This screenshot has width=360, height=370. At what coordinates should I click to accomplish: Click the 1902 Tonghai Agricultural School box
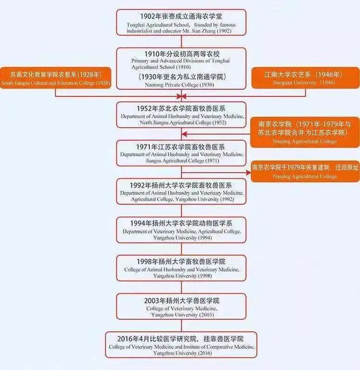coord(181,22)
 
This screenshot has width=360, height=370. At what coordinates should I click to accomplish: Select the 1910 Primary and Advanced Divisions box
coord(181,68)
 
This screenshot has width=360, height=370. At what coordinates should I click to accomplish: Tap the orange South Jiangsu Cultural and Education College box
coord(56,78)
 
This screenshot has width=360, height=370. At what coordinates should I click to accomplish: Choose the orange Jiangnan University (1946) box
coord(305,78)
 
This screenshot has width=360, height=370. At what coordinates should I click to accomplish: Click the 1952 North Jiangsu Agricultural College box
coord(181,114)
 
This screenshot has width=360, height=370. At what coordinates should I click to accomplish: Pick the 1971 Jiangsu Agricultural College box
coord(181,153)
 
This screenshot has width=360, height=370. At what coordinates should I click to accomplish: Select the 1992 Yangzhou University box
coord(181,191)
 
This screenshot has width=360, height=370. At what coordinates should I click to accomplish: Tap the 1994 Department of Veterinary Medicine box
coord(181,229)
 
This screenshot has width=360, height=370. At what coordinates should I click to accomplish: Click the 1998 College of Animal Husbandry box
coord(181,268)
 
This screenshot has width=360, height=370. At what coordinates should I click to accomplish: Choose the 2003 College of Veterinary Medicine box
coord(181,306)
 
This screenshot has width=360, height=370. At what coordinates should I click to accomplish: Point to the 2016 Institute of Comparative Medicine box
coord(181,344)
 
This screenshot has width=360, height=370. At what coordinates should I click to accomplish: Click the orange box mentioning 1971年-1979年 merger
coord(305,132)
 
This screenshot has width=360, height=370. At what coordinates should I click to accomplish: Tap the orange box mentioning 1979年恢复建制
coord(305,171)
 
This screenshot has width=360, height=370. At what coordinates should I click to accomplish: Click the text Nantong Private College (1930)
coord(181,84)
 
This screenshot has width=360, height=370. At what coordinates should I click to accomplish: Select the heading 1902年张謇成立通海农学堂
coord(181,16)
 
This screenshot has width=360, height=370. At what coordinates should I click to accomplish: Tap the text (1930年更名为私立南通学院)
coord(181,77)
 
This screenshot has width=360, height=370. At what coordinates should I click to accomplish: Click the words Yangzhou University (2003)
coord(181,315)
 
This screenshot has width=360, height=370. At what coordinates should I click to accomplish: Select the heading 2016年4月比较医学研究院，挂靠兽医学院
coord(181,339)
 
